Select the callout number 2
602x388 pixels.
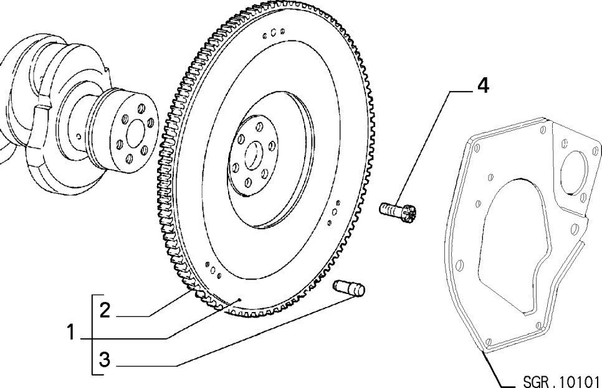pos(105,310)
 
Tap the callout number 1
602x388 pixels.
pos(70,333)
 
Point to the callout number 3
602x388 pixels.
pos(105,359)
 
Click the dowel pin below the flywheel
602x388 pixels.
pos(348,288)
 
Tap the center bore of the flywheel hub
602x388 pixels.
pos(254,155)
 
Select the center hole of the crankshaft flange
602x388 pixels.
pos(135,133)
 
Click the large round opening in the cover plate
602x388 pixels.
pos(574,173)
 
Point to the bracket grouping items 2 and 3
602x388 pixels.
pos(92,334)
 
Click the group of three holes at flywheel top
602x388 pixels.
pos(274,33)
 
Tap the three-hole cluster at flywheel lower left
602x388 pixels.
pos(213,270)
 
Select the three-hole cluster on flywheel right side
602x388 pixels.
pos(333,212)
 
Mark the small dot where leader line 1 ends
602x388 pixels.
pos(239,300)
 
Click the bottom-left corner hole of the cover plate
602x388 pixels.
pos(489,342)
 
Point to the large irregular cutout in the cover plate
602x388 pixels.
pos(515,245)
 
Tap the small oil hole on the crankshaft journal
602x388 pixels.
pos(79,136)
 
